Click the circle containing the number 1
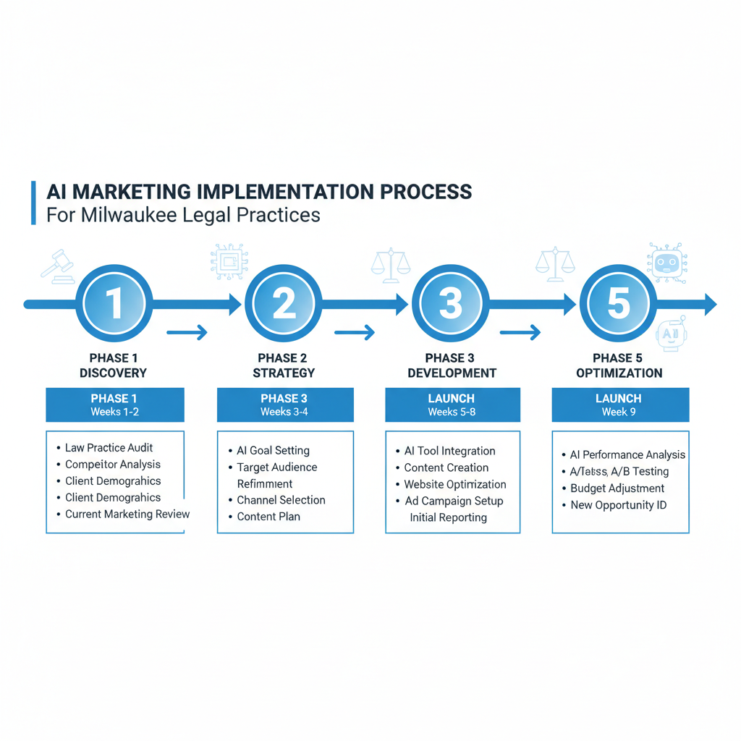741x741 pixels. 114,304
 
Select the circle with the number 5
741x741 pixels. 618,304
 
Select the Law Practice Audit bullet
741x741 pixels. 109,448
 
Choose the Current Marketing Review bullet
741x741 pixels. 127,515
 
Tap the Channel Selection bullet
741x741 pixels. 281,500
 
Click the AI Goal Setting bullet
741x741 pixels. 273,450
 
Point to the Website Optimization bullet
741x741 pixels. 454,484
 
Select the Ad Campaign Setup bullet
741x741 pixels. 453,501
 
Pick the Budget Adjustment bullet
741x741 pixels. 617,488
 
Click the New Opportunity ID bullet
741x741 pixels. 618,505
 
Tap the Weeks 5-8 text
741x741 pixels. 452,412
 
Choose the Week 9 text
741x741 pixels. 619,412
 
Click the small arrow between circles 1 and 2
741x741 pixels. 187,333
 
